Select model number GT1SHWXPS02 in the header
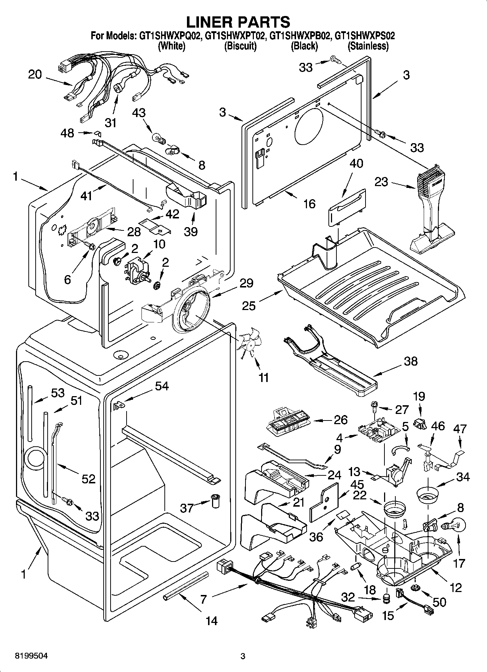364,36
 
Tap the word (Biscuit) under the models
240,46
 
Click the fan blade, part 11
250,341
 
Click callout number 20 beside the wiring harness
35,75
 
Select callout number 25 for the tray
249,305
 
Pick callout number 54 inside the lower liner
161,386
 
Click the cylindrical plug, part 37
215,502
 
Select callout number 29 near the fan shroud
247,283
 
